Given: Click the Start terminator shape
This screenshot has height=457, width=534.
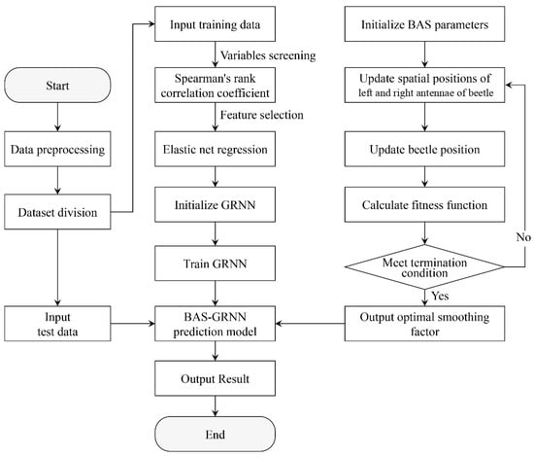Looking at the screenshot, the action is click(x=57, y=85).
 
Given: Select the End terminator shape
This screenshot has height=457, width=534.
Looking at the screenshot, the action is click(x=215, y=434).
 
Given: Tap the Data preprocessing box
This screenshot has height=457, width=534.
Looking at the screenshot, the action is click(x=57, y=149).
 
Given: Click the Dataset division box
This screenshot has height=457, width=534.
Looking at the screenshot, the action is click(x=57, y=212).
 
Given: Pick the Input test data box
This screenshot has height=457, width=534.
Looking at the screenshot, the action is click(x=57, y=324).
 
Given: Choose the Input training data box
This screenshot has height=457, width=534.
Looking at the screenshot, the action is click(x=215, y=24).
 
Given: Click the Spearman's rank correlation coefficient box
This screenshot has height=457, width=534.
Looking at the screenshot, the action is click(x=215, y=85).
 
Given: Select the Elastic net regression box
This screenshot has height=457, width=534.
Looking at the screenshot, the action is click(x=215, y=149).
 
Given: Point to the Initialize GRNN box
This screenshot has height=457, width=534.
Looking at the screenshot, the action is click(x=215, y=204).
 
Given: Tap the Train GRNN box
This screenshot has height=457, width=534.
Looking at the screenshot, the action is click(x=215, y=264).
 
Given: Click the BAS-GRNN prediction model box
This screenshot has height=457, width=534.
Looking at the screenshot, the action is click(x=215, y=324).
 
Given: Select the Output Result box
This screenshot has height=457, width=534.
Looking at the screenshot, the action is click(x=215, y=378).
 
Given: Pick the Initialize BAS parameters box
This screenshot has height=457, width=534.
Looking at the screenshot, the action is click(x=424, y=24).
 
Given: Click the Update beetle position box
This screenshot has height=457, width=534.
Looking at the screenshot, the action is click(x=424, y=149).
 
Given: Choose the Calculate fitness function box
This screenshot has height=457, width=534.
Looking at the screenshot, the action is click(x=424, y=204).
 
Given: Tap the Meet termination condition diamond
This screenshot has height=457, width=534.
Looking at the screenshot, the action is click(x=424, y=266).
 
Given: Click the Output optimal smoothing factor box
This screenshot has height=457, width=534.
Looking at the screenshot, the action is click(x=424, y=324).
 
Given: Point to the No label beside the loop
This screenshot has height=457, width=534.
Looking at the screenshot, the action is click(x=523, y=237).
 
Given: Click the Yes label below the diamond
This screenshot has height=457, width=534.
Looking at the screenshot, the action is click(x=440, y=296).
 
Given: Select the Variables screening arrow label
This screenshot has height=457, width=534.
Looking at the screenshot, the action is click(x=268, y=55).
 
